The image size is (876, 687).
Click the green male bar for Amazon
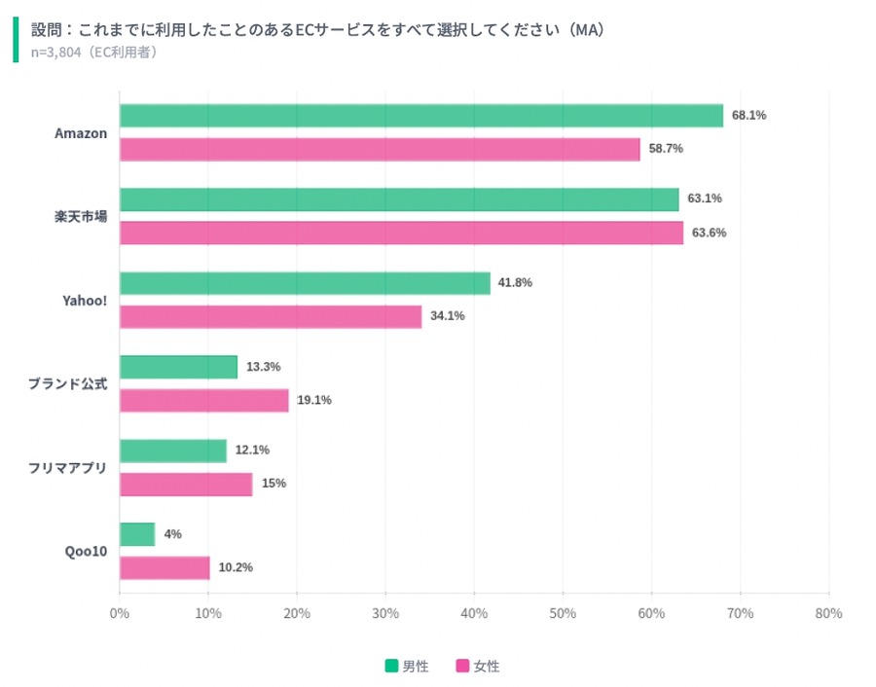pyautogui.click(x=420, y=116)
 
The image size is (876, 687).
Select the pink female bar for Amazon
pyautogui.click(x=380, y=150)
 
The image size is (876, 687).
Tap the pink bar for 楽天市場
pyautogui.click(x=401, y=234)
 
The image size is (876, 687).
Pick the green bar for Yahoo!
pyautogui.click(x=305, y=283)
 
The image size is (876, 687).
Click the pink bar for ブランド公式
pyautogui.click(x=204, y=401)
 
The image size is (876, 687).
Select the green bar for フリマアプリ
pyautogui.click(x=173, y=451)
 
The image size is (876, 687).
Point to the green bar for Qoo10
pyautogui.click(x=137, y=534)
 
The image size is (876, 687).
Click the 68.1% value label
pyautogui.click(x=748, y=115)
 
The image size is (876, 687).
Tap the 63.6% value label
pyautogui.click(x=709, y=233)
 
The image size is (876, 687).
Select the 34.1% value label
pyautogui.click(x=447, y=316)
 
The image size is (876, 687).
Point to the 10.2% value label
pyautogui.click(x=235, y=567)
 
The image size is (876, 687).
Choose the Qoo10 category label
pyautogui.click(x=88, y=551)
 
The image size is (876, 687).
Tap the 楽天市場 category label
pyautogui.click(x=81, y=216)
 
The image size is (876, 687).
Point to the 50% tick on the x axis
pyautogui.click(x=563, y=614)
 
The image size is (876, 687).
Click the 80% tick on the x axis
pyautogui.click(x=828, y=614)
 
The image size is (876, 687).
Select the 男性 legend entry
pyautogui.click(x=406, y=667)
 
